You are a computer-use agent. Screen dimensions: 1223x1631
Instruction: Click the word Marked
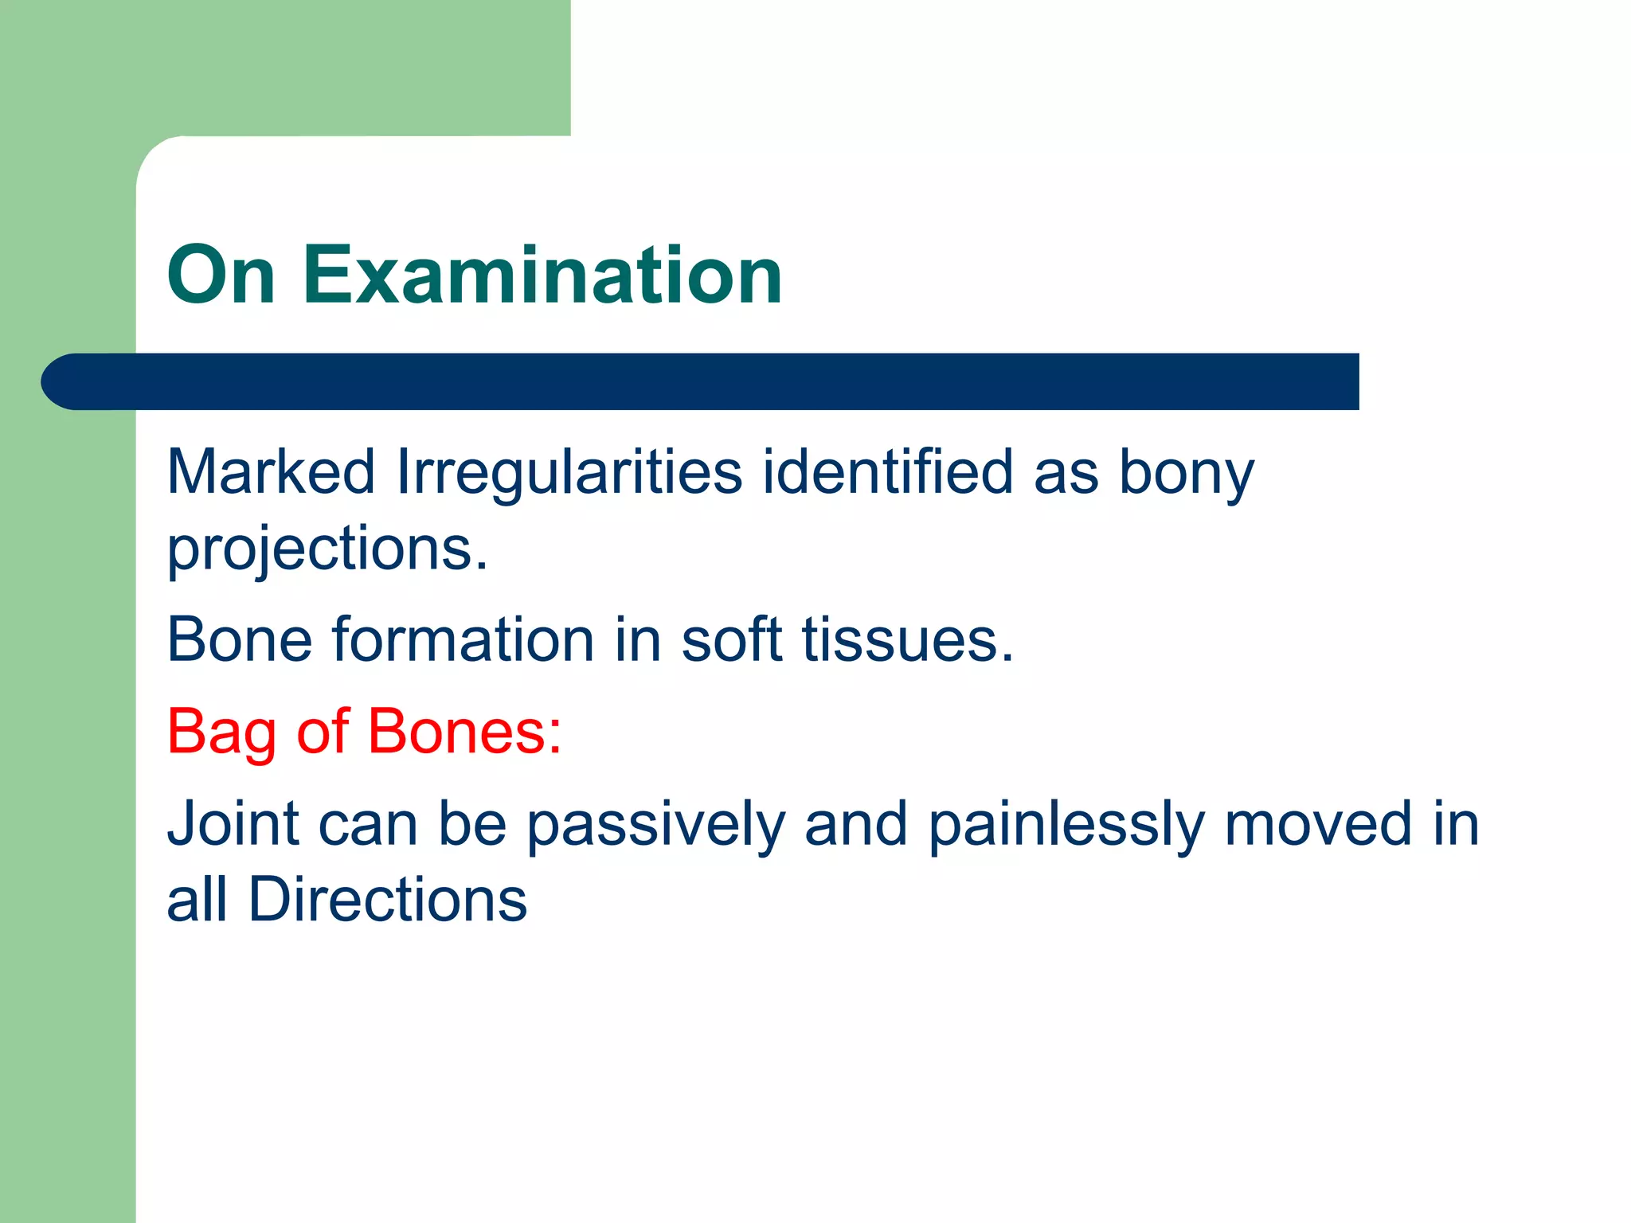(x=271, y=472)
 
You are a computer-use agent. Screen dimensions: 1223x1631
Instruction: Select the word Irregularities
(x=569, y=472)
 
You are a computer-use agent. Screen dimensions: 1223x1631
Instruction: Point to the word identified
(x=887, y=472)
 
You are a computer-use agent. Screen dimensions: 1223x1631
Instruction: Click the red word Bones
(x=464, y=731)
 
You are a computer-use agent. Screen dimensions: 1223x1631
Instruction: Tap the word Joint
(x=233, y=823)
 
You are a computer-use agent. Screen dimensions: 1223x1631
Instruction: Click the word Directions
(x=387, y=900)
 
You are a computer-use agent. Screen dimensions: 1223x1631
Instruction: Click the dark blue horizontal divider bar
(x=717, y=381)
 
